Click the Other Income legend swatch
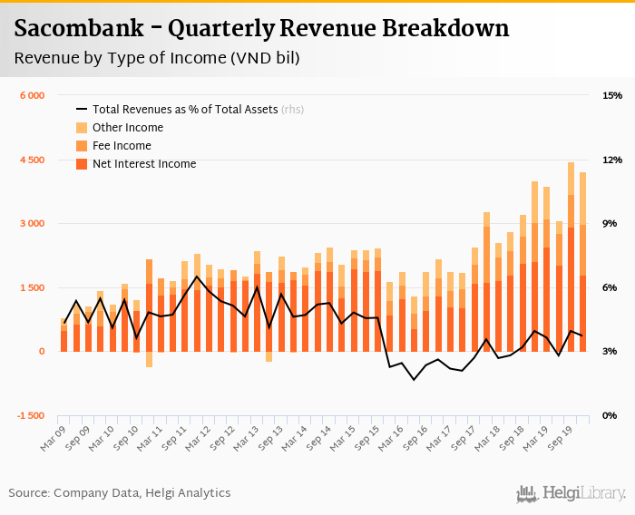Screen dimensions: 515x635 tap(82, 128)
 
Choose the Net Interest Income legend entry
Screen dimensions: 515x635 tap(143, 164)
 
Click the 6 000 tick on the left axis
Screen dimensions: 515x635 tap(32, 96)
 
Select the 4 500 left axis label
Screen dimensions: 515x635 tap(32, 160)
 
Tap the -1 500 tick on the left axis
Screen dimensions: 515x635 tap(30, 415)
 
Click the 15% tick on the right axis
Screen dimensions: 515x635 tap(611, 96)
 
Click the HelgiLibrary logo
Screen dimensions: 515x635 tap(571, 494)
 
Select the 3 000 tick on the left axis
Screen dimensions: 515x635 tap(32, 224)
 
